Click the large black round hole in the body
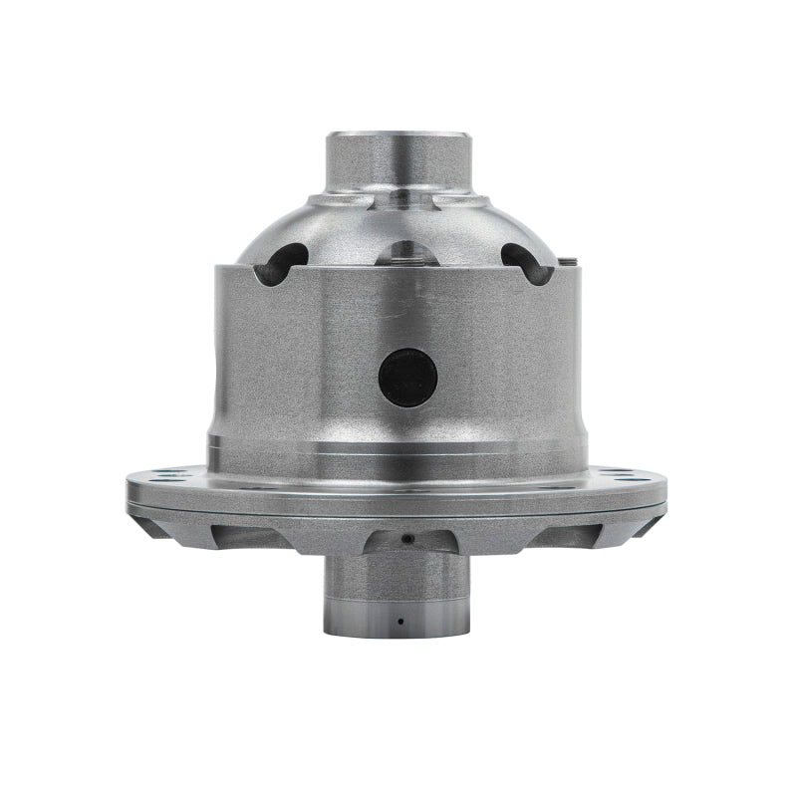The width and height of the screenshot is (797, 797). coord(407,378)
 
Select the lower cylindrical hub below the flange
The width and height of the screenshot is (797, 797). coord(396,588)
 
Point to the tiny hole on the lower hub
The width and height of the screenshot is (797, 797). coord(399,620)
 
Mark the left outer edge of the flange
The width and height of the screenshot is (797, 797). coord(130,490)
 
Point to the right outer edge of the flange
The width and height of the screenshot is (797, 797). coord(664,490)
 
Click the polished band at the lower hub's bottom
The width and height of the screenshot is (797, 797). coord(396,623)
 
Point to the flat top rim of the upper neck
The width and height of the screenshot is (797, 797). coord(398,133)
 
